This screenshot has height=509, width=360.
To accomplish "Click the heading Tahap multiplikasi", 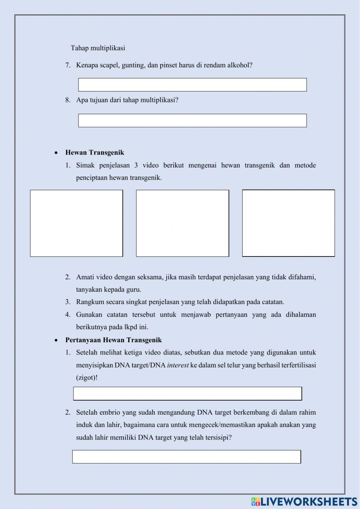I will point(98,48).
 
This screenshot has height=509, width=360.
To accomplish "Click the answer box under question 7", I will point(192,85).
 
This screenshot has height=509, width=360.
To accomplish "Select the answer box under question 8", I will point(192,120).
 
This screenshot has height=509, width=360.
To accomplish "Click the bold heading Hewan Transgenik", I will point(95,152).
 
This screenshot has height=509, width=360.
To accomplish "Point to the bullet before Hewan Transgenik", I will point(56,153).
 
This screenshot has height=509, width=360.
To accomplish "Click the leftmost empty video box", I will point(76,223).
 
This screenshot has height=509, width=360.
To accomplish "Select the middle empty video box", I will point(183,223).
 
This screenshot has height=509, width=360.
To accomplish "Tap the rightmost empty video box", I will point(288,223).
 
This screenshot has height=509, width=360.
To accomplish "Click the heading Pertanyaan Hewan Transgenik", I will point(113,340).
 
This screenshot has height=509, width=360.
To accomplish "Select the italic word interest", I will point(178,365).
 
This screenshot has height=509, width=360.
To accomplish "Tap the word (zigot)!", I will point(87,378).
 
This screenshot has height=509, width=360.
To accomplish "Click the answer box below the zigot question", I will point(187,393).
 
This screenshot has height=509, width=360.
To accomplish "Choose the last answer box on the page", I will point(186,456).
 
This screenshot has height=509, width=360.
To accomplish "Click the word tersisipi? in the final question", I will point(218,438).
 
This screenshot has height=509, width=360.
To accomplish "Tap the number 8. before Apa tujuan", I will point(68,100).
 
